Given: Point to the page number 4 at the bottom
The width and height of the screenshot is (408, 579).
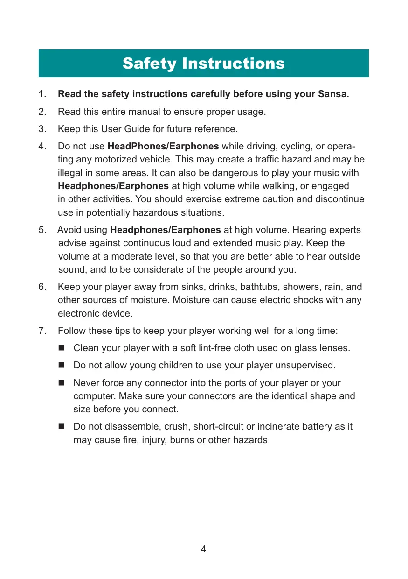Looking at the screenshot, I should (x=203, y=549).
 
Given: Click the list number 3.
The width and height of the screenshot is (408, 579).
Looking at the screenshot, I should (x=42, y=129).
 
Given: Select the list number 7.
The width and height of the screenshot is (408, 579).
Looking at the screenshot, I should (x=42, y=331).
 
